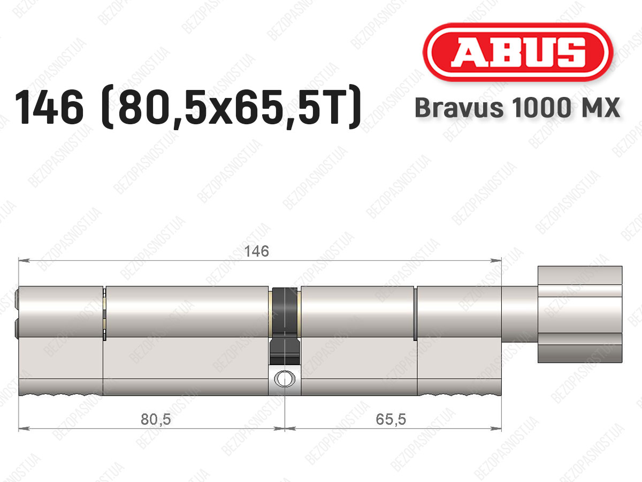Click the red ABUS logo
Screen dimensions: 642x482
point(518,52)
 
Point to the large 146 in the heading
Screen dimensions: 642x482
point(49,108)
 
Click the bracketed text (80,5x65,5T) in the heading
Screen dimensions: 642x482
point(231,108)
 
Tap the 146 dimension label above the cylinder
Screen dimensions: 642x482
point(256,251)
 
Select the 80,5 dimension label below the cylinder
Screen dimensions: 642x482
point(156,419)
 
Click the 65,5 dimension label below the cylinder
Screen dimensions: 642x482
point(391,419)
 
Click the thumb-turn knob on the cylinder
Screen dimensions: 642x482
point(580,314)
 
